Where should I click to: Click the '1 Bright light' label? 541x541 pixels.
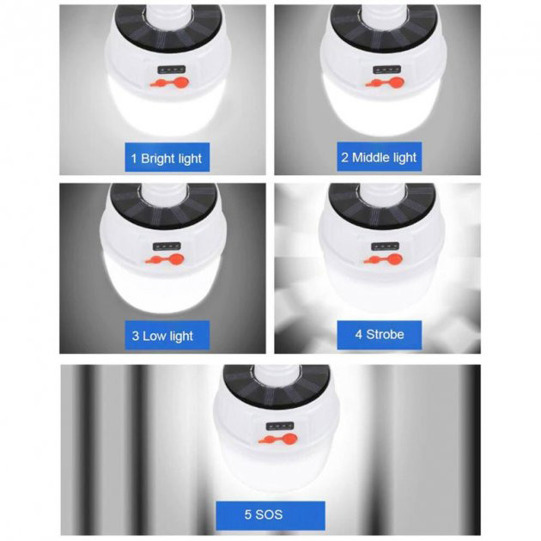(167, 157)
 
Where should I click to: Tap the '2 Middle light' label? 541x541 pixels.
(380, 156)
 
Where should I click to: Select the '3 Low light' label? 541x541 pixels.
(167, 336)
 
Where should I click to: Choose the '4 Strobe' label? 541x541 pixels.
(380, 335)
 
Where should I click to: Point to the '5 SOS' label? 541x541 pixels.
(270, 515)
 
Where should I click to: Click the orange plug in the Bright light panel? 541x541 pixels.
(169, 82)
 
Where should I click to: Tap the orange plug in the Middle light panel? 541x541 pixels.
(385, 82)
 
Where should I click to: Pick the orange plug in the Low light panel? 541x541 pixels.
(164, 259)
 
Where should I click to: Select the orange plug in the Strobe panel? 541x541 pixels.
(383, 259)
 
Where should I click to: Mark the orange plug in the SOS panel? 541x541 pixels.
(277, 439)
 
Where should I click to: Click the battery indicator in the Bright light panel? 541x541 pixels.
(172, 70)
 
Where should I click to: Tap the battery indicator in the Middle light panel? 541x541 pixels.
(386, 70)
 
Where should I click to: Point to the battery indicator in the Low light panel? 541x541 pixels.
(167, 246)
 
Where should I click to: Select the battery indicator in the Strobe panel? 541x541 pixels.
(385, 246)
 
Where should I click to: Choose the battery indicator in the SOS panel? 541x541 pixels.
(280, 426)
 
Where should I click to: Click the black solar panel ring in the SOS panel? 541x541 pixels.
(276, 397)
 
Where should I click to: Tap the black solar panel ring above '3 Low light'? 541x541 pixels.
(164, 218)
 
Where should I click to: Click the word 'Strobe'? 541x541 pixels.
(385, 334)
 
